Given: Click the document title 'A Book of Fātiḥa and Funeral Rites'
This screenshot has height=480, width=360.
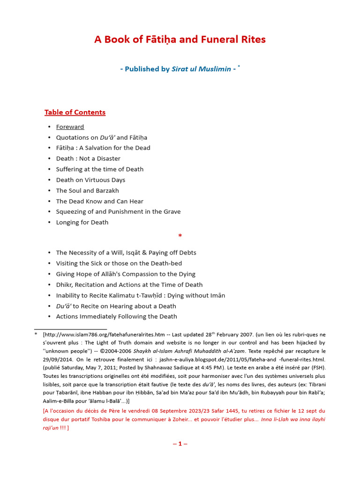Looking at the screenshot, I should [180, 39].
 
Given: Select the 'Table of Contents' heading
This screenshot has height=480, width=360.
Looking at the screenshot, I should [75, 112].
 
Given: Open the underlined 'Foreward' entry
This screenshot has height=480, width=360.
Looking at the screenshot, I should [70, 127].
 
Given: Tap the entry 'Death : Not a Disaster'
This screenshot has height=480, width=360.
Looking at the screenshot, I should [88, 158].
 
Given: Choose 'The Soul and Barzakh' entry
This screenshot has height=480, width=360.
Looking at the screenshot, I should [88, 190].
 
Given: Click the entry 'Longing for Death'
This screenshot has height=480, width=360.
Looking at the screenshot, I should [82, 222].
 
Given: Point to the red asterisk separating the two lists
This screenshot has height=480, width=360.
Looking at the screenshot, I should [180, 236].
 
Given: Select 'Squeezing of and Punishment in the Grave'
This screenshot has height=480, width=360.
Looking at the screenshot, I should [118, 211].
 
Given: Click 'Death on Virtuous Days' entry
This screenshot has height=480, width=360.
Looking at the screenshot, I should [90, 180].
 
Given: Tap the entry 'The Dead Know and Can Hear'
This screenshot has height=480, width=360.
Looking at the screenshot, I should [99, 201].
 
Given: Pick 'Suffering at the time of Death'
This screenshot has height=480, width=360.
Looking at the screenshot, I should [100, 169].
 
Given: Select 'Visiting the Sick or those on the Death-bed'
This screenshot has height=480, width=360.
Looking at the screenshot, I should [119, 263].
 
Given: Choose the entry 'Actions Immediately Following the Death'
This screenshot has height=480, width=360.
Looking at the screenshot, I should [116, 316].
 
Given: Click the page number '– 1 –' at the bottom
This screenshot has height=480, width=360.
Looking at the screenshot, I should [180, 443].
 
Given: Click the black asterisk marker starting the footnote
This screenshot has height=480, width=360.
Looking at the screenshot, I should [36, 334].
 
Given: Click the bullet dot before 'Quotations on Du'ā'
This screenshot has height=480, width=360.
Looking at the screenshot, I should [49, 137].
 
